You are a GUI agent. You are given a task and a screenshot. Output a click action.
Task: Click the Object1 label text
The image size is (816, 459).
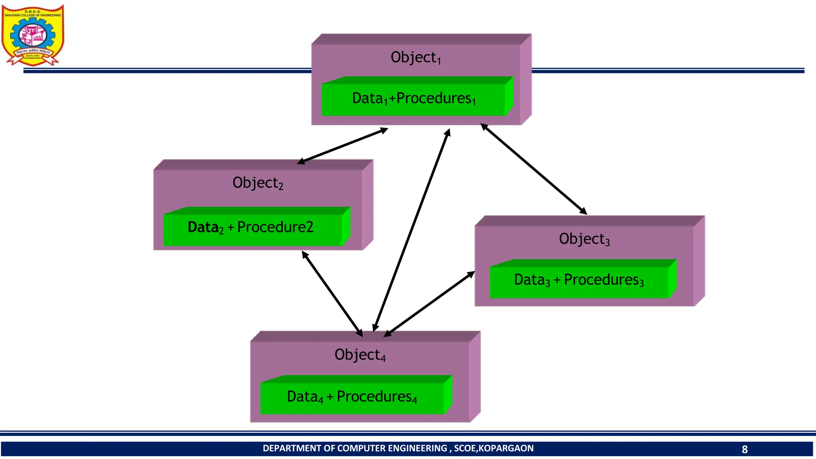click(415, 58)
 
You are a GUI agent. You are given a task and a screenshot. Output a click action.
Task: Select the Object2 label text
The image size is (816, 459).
click(257, 183)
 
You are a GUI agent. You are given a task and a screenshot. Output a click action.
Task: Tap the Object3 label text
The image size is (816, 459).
click(584, 239)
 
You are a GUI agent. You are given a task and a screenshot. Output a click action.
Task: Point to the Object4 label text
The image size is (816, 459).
click(360, 355)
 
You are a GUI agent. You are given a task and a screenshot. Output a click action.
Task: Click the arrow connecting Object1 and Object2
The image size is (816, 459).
click(343, 146)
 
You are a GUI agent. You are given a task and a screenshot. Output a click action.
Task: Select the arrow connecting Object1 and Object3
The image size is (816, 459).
click(534, 169)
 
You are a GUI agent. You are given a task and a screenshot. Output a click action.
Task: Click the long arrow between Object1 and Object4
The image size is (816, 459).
click(411, 230)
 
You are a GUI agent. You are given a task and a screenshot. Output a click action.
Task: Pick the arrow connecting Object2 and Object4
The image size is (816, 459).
click(332, 294)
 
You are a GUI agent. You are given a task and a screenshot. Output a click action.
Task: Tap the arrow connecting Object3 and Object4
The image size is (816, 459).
click(430, 304)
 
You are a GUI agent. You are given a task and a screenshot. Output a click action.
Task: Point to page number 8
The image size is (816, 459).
click(744, 449)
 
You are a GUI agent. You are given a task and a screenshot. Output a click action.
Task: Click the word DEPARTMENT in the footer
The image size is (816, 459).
click(292, 449)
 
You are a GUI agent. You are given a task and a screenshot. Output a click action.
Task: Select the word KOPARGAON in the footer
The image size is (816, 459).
click(506, 449)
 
